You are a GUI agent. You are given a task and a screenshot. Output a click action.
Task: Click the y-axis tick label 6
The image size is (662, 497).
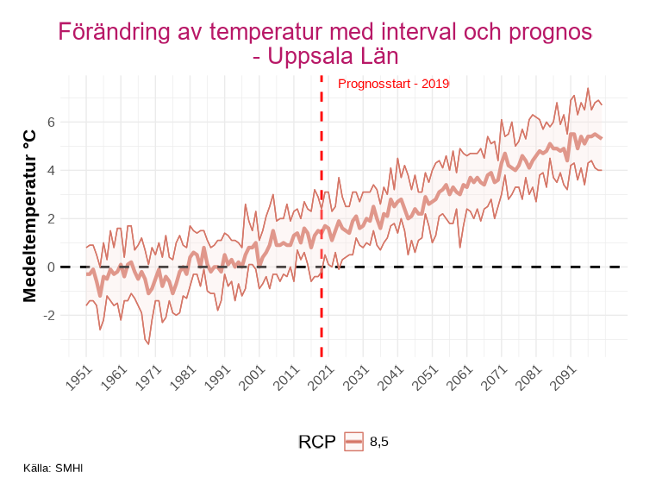[51, 122]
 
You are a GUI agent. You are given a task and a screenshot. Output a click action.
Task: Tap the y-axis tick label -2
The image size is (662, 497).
[49, 315]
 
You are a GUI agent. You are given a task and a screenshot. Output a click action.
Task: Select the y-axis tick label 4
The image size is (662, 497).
[51, 170]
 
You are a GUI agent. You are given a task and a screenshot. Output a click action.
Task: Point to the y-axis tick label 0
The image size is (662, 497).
[51, 267]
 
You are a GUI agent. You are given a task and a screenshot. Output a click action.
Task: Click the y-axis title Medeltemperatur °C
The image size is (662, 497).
[29, 217]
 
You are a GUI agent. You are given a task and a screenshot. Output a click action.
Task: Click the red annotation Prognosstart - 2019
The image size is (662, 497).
[393, 84]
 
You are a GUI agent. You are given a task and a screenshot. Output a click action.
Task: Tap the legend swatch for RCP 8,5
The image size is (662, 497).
[353, 442]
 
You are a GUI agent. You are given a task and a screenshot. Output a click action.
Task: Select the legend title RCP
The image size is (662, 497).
[315, 442]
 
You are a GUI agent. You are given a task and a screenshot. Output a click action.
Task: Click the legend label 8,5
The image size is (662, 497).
[379, 442]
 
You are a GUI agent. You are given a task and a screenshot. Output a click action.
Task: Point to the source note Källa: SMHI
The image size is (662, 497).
[54, 469]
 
